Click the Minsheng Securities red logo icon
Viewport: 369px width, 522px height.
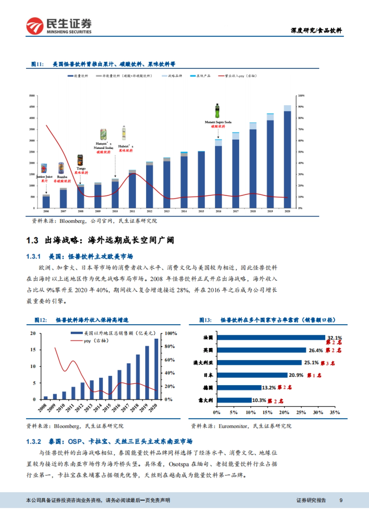click(x=35, y=26)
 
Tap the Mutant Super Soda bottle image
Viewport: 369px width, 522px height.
click(x=217, y=111)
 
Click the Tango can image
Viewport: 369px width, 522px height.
click(x=80, y=160)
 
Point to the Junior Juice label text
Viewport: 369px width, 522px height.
click(x=44, y=177)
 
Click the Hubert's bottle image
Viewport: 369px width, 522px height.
click(x=124, y=133)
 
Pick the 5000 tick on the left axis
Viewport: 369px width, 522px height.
click(x=32, y=96)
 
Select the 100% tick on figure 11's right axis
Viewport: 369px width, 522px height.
click(x=301, y=96)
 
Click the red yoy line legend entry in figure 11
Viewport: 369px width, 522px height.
click(x=237, y=76)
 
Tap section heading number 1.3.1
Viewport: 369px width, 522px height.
click(x=33, y=256)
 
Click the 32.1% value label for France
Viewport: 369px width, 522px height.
click(x=335, y=338)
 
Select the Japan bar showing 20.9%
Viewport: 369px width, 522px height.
click(x=252, y=375)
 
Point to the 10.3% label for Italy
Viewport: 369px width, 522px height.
click(x=259, y=400)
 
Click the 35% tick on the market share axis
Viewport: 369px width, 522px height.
click(x=335, y=413)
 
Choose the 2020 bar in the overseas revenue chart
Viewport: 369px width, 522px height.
click(x=156, y=369)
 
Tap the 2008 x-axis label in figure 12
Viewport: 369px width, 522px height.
click(x=42, y=408)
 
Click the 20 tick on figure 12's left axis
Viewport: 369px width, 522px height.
click(x=33, y=333)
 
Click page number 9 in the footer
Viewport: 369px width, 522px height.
click(x=341, y=500)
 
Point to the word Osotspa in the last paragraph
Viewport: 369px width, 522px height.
click(x=179, y=464)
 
